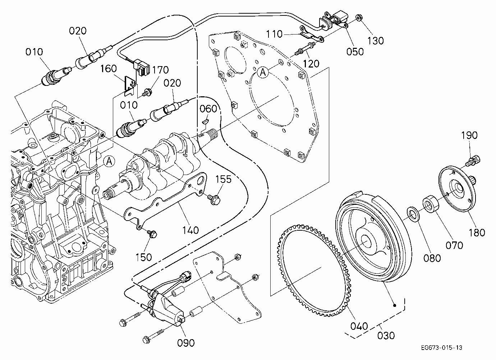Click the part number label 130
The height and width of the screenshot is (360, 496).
coord(376,41)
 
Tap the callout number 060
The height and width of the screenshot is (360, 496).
coord(208,109)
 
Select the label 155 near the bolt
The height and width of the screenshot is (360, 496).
coord(224,179)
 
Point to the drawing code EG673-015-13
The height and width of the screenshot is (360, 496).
coord(441,347)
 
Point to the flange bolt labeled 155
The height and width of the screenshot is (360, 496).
coord(214,199)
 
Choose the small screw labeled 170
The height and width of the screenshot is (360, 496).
coord(147,92)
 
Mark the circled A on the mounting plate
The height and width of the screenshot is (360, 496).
coord(263,72)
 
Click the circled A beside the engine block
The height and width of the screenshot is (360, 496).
coord(109,161)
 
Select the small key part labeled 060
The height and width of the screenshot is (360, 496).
coord(206,121)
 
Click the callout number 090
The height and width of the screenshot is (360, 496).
coord(186,343)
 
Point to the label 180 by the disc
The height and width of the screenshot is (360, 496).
coord(477,233)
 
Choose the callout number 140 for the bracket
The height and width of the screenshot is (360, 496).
coord(190,231)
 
